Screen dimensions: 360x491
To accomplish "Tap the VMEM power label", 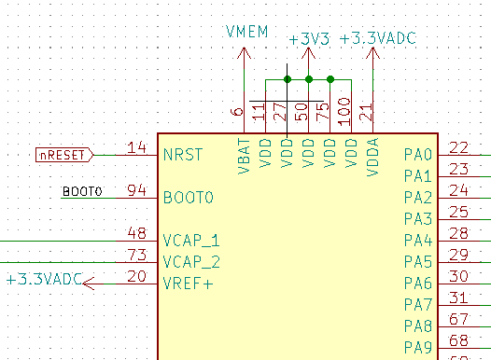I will (x=246, y=33).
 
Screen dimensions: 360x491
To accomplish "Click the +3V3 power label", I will (x=307, y=39).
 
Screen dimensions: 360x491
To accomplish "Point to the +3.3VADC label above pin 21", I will (x=378, y=38).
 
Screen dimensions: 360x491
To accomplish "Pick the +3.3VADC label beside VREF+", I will (x=43, y=279).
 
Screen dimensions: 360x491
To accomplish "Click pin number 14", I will (x=137, y=147).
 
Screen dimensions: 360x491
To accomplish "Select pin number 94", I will (x=137, y=190).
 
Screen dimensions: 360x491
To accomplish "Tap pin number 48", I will (x=137, y=233).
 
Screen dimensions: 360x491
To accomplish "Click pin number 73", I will (x=137, y=255).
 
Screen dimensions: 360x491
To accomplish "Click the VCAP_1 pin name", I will (x=191, y=241).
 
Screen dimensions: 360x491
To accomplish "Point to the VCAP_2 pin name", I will (x=191, y=262).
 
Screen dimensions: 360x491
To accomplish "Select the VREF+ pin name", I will (x=188, y=284).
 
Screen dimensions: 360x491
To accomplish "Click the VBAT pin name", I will (x=245, y=154).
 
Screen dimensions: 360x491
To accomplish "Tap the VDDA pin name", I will (x=373, y=154).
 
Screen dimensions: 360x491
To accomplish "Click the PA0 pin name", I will (x=418, y=155).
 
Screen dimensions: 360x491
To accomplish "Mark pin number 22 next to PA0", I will (x=458, y=147).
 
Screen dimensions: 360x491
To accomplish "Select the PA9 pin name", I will (x=418, y=348).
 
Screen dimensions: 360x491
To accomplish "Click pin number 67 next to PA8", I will (x=458, y=319).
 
